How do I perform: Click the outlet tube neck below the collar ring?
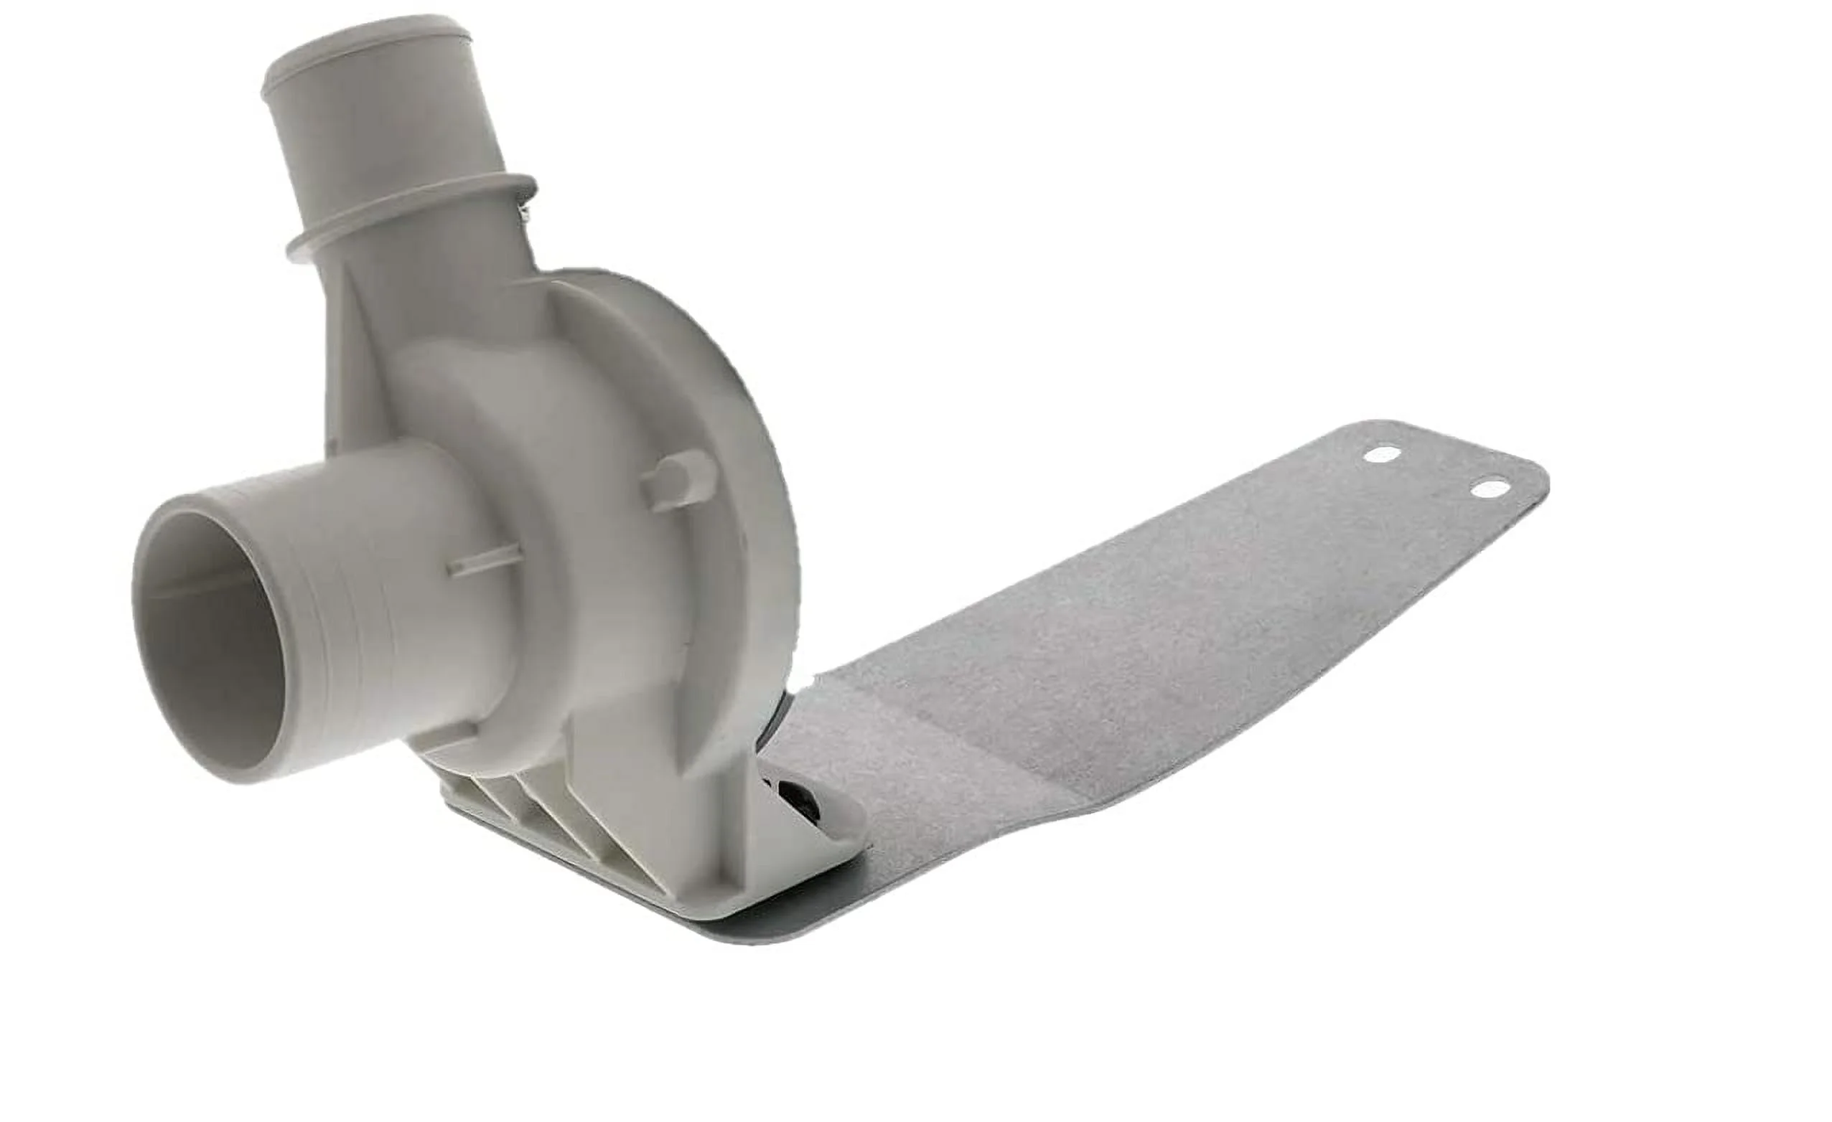446,275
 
